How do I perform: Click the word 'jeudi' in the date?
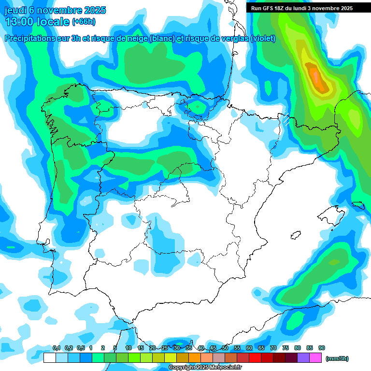pyautogui.click(x=16, y=11)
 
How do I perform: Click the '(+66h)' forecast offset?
pyautogui.click(x=83, y=22)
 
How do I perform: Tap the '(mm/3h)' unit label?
pyautogui.click(x=337, y=358)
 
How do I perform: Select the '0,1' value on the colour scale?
pyautogui.click(x=57, y=348)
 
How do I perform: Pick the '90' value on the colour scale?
pyautogui.click(x=321, y=348)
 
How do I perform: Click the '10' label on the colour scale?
pyautogui.click(x=128, y=348)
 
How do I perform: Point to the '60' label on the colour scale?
pyautogui.click(x=249, y=348)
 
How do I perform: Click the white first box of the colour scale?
pyautogui.click(x=49, y=358)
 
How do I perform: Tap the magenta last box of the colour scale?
pyautogui.click(x=315, y=358)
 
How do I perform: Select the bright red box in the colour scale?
pyautogui.click(x=255, y=358)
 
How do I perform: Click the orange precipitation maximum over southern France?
pyautogui.click(x=315, y=76)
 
